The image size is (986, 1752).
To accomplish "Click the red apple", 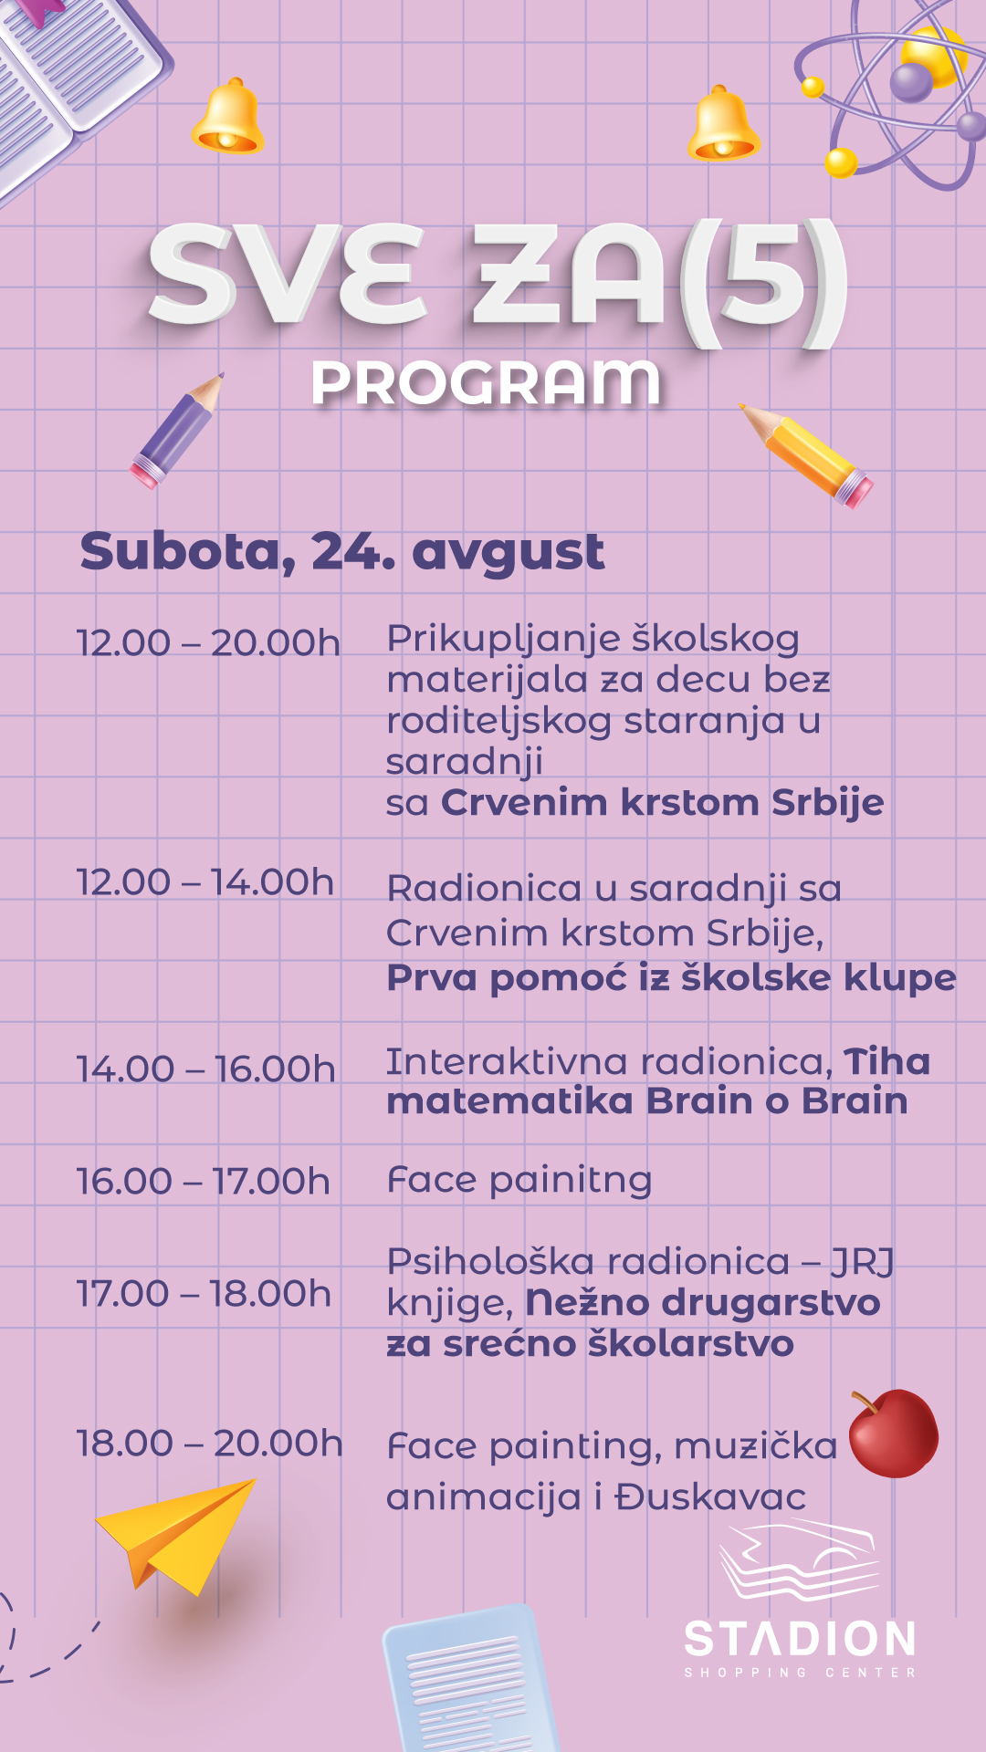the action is pos(893,1434).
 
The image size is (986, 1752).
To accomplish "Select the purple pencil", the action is pos(176,430).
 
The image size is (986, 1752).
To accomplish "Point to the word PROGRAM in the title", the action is pos(486,383).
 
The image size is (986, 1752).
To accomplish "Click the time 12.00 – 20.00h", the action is pos(208,643).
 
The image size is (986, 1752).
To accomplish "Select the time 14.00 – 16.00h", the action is pos(206,1069).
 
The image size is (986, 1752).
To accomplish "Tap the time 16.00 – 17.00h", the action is pos(203,1182).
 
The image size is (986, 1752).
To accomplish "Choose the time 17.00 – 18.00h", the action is pos(204,1294).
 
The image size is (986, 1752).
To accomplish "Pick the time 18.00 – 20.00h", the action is pos(210,1444).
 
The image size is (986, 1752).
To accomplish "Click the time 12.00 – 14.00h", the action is pos(205,882).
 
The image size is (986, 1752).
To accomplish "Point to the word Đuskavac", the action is pos(709,1497).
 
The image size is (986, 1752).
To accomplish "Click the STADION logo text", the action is pos(800,1640).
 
